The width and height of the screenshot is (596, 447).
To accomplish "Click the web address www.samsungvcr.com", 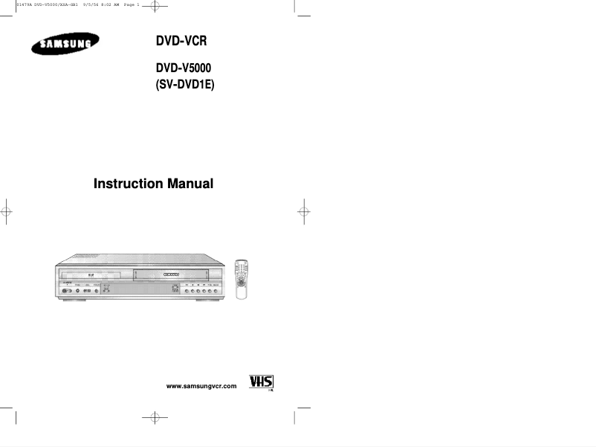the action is pyautogui.click(x=201, y=387).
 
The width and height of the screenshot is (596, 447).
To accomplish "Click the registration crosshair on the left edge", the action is pyautogui.click(x=7, y=210).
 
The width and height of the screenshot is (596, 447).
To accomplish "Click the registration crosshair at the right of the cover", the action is pyautogui.click(x=304, y=210).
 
